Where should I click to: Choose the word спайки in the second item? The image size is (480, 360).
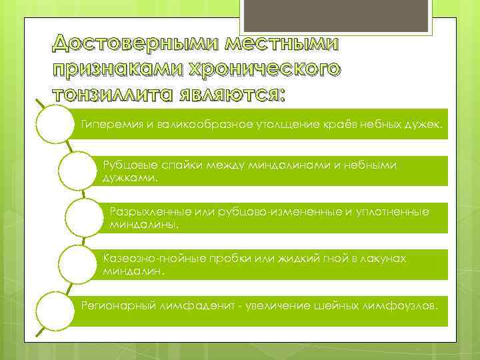(175, 166)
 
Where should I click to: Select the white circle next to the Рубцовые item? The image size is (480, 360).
(78, 171)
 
